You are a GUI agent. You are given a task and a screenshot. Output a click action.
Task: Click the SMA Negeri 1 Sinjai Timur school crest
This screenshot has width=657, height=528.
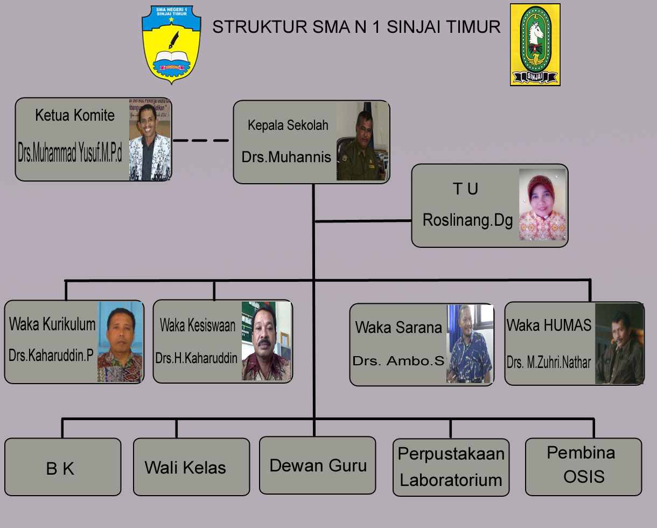click(171, 44)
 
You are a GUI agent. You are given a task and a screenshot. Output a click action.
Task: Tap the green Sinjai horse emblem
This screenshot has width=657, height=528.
click(535, 45)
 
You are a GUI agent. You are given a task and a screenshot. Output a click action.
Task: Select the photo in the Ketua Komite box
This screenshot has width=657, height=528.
click(150, 140)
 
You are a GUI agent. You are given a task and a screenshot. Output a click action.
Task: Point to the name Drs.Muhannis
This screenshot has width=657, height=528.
click(286, 157)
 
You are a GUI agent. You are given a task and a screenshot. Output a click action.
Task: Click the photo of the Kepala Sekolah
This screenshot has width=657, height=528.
click(362, 142)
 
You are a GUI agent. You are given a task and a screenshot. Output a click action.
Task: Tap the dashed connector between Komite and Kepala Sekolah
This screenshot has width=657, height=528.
click(201, 141)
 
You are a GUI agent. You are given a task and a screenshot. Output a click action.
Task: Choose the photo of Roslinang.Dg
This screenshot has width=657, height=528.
click(542, 205)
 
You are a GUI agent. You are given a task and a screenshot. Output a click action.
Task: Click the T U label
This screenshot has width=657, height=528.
click(465, 189)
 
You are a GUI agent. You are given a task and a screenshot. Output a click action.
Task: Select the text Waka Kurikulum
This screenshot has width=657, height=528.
click(52, 324)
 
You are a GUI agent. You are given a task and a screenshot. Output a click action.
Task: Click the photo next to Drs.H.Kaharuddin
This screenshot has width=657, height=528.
click(267, 341)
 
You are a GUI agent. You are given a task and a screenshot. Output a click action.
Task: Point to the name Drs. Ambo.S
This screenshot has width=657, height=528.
click(399, 360)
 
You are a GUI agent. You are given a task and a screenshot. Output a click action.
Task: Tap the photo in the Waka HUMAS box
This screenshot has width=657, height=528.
click(619, 344)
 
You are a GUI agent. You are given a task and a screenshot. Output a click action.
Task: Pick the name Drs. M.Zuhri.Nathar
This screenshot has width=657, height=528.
click(549, 362)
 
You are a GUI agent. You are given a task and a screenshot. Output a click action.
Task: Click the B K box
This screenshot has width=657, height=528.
click(62, 467)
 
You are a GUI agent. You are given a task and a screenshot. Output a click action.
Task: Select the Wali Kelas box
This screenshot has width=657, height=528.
click(191, 467)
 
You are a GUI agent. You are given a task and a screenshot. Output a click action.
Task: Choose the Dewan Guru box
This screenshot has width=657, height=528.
click(317, 466)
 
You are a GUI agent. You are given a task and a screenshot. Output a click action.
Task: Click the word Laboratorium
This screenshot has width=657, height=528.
click(451, 480)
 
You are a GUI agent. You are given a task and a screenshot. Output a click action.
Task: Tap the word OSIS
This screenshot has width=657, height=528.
click(584, 476)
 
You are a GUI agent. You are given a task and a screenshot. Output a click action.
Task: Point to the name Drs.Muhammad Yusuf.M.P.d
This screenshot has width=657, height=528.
click(70, 155)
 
